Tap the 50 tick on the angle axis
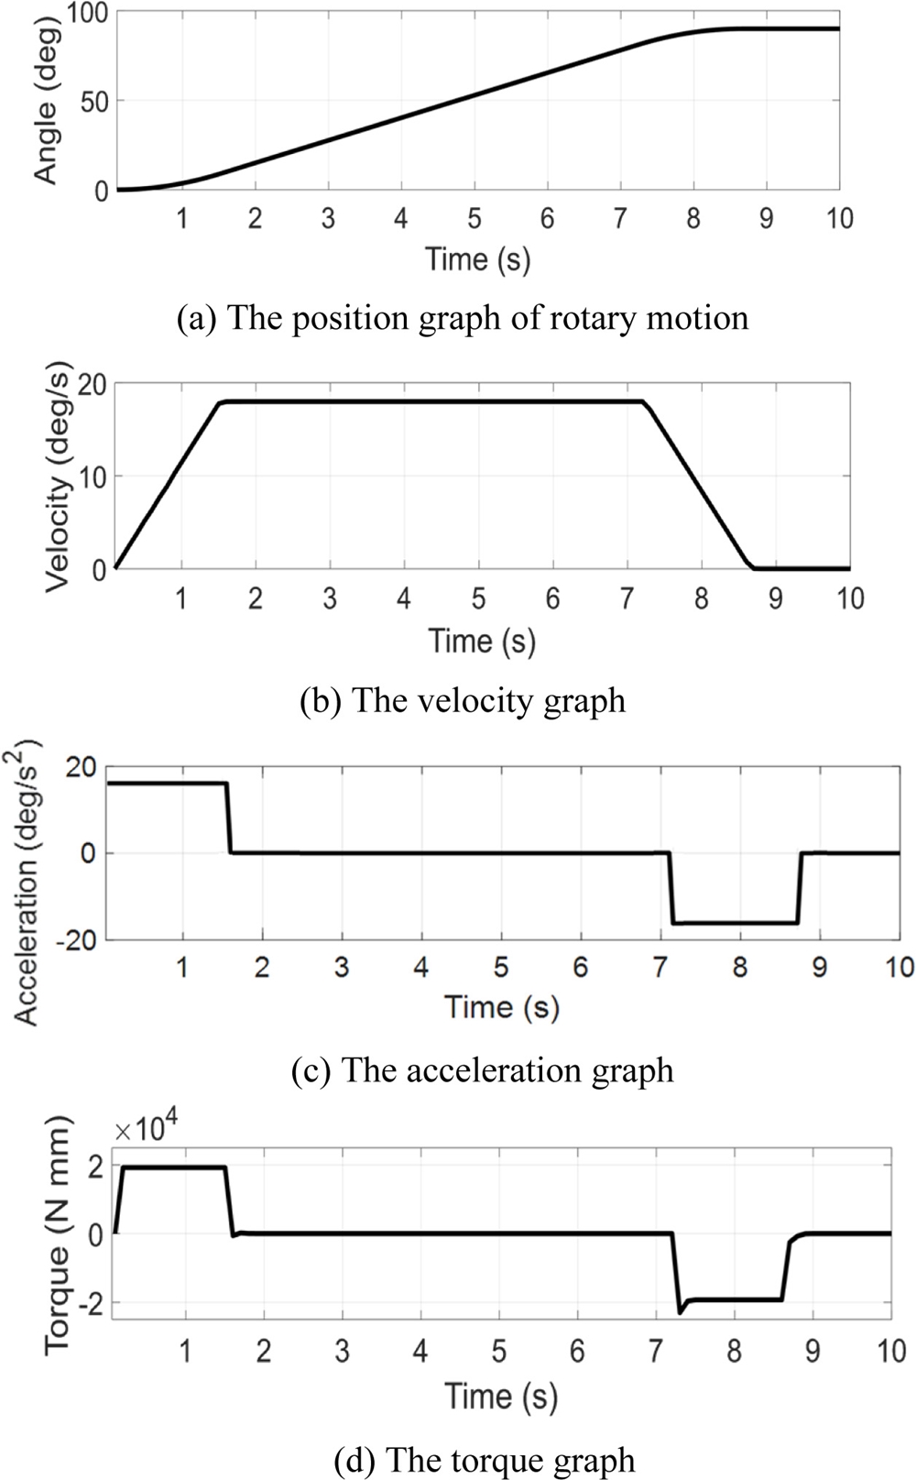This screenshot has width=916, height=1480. (x=94, y=101)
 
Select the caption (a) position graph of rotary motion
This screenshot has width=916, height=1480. (x=462, y=318)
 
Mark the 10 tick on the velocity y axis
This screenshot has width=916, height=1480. (x=90, y=477)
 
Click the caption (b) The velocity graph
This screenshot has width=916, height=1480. (x=463, y=701)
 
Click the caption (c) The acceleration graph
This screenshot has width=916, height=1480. (x=482, y=1070)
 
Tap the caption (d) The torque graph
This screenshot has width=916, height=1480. (x=485, y=1459)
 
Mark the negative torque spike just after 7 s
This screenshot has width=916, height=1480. (x=681, y=1311)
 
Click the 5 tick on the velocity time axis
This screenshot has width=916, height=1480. (x=478, y=599)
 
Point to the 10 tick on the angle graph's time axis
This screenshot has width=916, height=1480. (x=838, y=218)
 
